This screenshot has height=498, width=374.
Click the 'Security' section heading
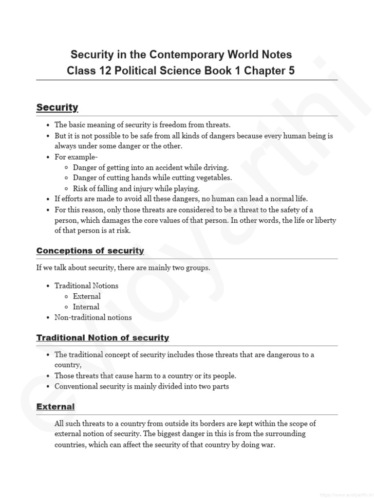pos(57,107)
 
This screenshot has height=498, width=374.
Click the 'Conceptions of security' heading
pos(90,251)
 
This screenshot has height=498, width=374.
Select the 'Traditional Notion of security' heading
pos(102,338)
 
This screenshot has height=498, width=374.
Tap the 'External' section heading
pos(56,407)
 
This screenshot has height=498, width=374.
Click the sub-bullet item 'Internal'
pos(86,307)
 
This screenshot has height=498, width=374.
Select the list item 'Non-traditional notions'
pos(93,318)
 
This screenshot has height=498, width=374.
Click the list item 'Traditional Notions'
pos(86,285)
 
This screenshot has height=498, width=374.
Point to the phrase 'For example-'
pos(76,157)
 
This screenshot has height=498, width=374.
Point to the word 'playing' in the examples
pos(187,188)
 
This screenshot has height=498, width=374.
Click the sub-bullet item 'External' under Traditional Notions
pos(87,296)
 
